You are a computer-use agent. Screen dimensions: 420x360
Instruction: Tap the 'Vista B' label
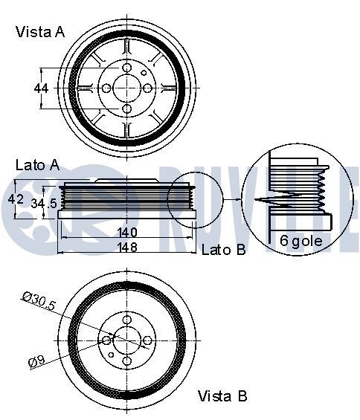(x=222, y=396)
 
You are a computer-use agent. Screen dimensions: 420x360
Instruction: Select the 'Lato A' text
(x=36, y=165)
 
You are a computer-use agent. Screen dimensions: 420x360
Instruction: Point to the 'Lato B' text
(x=223, y=250)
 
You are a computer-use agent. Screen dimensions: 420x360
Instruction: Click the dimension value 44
(x=42, y=88)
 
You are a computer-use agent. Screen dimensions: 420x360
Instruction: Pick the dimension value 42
(x=16, y=199)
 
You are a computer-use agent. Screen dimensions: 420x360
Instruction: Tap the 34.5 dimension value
(x=41, y=202)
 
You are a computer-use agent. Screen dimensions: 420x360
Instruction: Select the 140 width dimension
(x=126, y=231)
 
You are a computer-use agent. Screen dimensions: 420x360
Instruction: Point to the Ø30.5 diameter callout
(x=39, y=302)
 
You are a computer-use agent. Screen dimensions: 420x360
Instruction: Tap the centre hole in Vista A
(x=126, y=88)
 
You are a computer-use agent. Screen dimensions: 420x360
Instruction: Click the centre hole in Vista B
(x=126, y=340)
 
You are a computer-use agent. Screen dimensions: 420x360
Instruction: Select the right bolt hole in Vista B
(x=147, y=340)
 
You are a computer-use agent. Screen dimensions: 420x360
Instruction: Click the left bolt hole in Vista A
(x=106, y=88)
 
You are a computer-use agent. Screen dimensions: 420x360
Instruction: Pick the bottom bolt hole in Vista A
(x=126, y=109)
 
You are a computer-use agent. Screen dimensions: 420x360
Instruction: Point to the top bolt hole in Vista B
(x=126, y=320)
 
